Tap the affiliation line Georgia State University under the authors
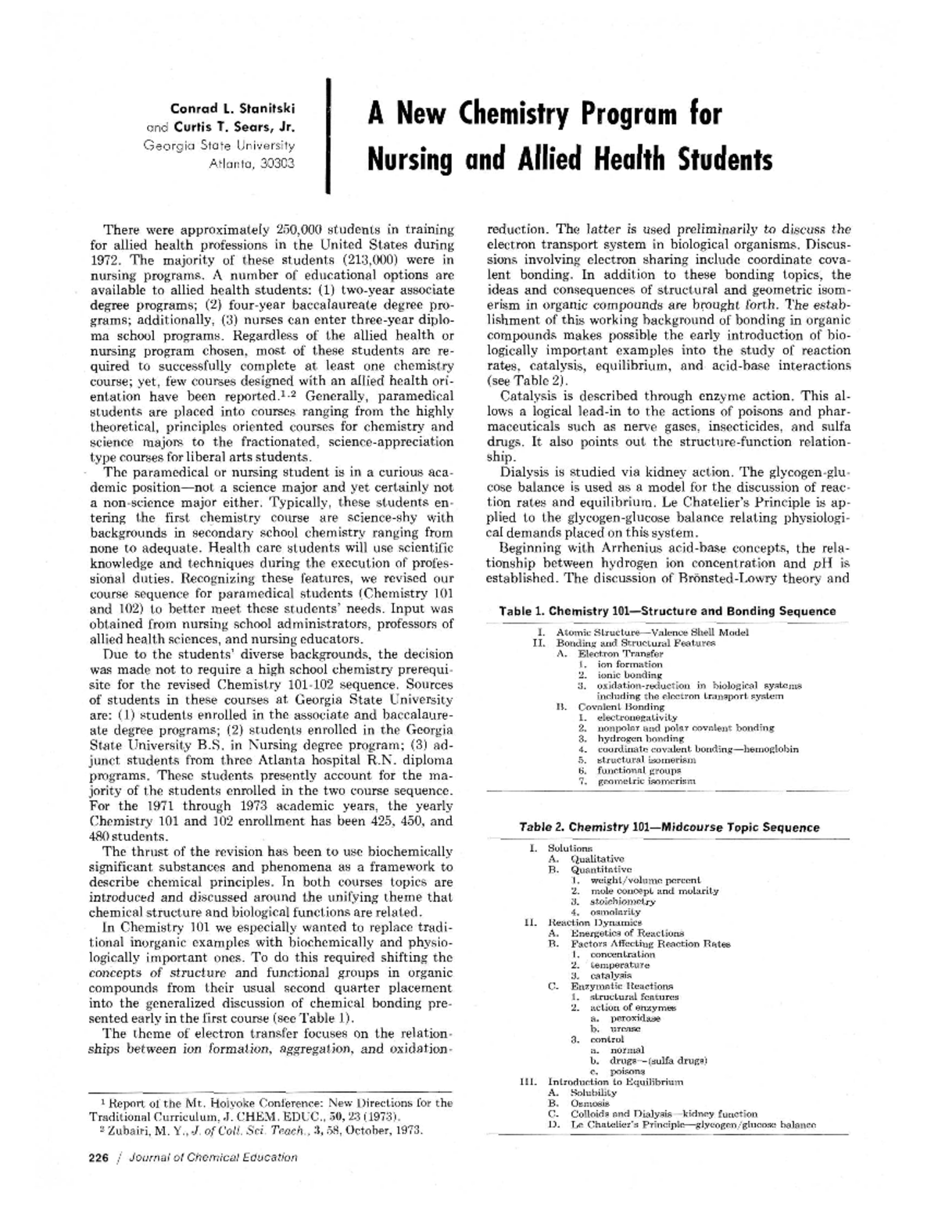219,145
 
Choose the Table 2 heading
669,827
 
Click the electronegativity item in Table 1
636,717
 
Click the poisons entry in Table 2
628,1071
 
